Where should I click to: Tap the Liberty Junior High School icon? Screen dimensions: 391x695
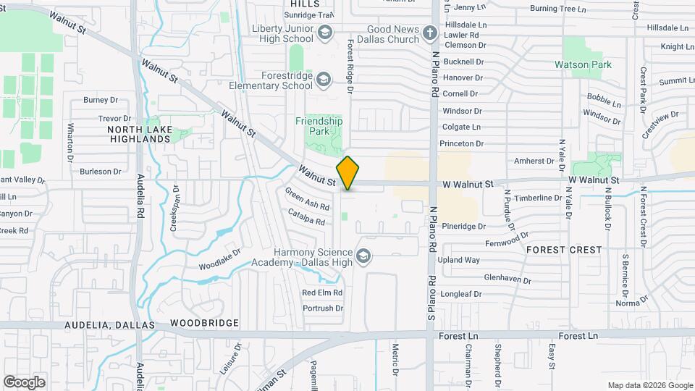[x=325, y=33]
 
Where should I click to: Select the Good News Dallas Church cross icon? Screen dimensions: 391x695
[x=430, y=33]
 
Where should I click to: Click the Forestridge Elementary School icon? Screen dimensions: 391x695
[x=324, y=79]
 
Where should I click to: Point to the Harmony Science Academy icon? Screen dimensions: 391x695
[x=363, y=256]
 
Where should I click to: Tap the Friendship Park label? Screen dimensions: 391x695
[x=319, y=126]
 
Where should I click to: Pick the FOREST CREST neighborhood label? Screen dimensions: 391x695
[x=564, y=249]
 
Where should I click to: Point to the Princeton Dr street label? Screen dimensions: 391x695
[x=463, y=143]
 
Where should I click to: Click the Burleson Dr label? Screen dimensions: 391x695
[x=101, y=171]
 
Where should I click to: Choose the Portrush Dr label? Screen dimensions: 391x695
[x=323, y=308]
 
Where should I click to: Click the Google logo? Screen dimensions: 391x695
[x=25, y=382]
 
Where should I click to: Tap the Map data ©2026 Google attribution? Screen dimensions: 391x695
[x=649, y=385]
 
